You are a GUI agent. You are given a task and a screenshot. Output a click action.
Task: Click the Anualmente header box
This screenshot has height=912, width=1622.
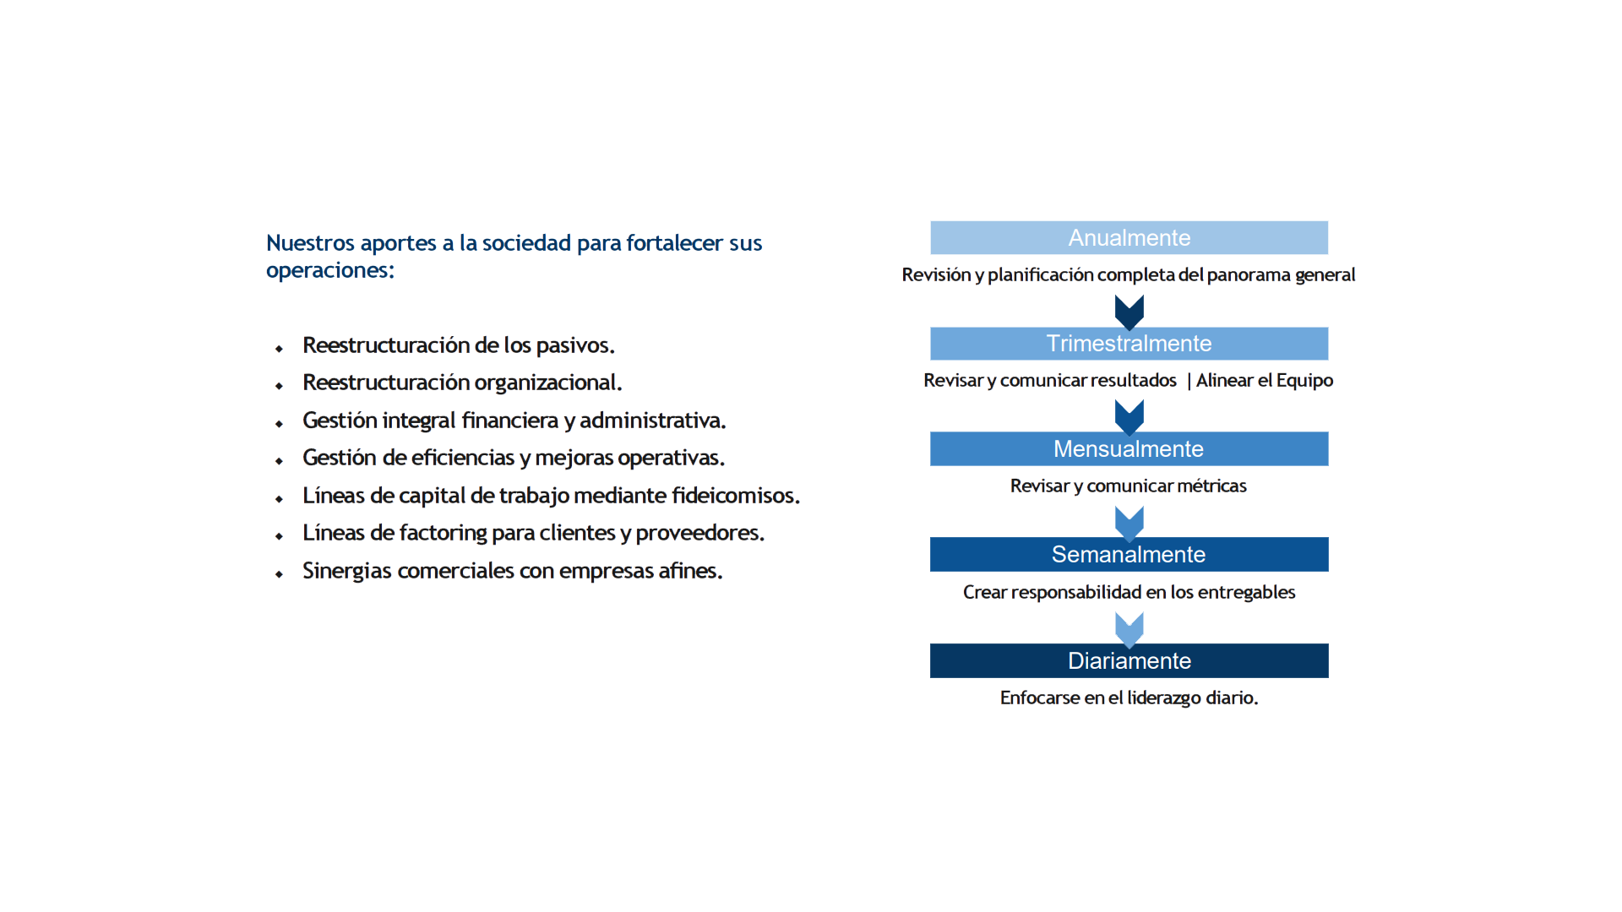pos(1129,238)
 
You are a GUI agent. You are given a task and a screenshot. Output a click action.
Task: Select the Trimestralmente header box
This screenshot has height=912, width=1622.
pos(1129,344)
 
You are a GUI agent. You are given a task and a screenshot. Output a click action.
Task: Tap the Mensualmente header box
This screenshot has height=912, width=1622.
pos(1129,449)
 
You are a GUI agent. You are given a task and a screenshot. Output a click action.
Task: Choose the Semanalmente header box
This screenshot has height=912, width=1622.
pos(1129,555)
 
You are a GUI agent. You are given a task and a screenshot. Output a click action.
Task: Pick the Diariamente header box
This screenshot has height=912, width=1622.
pos(1129,661)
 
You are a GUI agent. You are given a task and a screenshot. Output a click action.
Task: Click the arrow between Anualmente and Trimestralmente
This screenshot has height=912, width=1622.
pos(1129,312)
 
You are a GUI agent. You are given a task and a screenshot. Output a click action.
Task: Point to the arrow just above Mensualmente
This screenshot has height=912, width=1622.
pos(1129,416)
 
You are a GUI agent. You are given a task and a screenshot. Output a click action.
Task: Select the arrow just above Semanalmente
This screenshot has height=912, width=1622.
pos(1129,523)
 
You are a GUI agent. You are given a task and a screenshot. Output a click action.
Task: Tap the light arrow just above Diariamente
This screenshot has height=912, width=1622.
pos(1129,629)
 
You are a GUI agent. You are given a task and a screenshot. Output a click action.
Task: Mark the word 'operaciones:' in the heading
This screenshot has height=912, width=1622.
pos(330,270)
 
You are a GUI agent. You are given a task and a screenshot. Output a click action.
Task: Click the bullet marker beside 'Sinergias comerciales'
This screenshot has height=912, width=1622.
pos(279,574)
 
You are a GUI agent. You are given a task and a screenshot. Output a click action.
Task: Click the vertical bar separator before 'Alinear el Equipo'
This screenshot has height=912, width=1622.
pos(1189,381)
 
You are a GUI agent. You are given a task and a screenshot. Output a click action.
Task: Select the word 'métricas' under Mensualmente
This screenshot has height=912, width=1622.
pos(1209,486)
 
